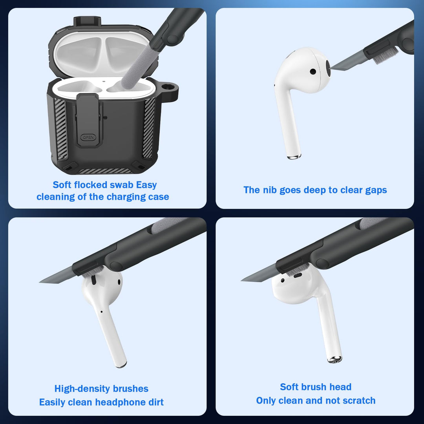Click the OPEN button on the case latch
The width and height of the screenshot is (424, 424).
(88, 137)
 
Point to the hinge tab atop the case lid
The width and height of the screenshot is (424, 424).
(87, 21)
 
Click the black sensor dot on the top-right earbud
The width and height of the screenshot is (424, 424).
(313, 71)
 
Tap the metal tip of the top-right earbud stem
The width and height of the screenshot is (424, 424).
(294, 157)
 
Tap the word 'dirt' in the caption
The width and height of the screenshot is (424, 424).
(156, 402)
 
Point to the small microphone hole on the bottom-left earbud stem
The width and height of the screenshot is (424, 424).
(101, 312)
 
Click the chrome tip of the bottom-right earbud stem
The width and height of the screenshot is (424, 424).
(334, 359)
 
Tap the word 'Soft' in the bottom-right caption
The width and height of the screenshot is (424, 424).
(289, 387)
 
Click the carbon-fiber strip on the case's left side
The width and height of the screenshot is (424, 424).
(61, 129)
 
